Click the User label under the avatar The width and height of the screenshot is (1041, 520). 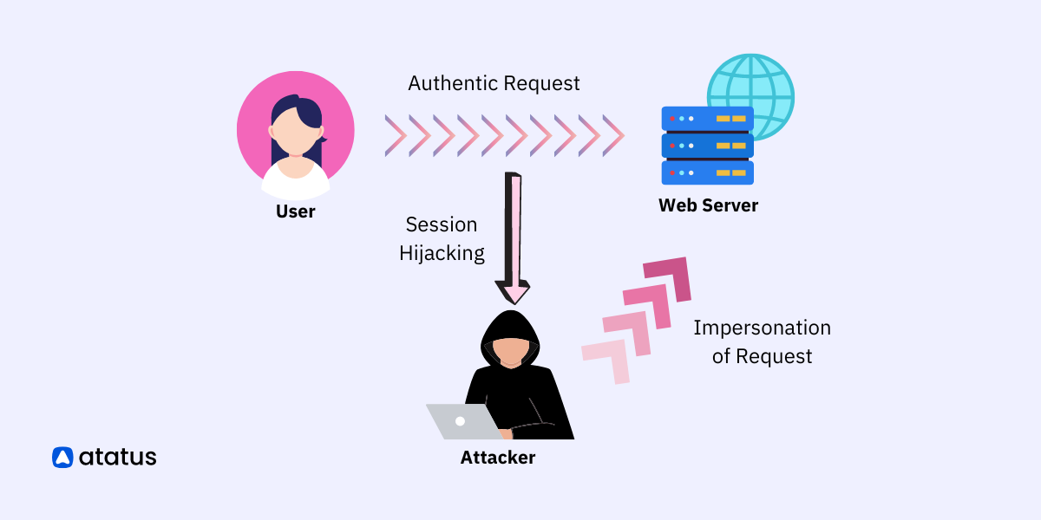pos(295,211)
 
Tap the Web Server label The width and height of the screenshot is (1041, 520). pos(708,205)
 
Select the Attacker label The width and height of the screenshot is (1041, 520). pos(497,458)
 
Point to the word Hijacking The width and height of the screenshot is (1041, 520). pos(442,253)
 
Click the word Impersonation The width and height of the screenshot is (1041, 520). pos(762,328)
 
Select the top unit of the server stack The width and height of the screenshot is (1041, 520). pos(707,119)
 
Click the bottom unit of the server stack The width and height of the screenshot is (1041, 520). pos(707,172)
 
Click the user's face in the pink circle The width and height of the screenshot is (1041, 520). pos(295,135)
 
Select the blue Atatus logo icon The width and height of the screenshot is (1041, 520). pos(62,457)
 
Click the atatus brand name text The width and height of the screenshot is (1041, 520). pos(117,457)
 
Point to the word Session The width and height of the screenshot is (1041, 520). pos(442,224)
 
